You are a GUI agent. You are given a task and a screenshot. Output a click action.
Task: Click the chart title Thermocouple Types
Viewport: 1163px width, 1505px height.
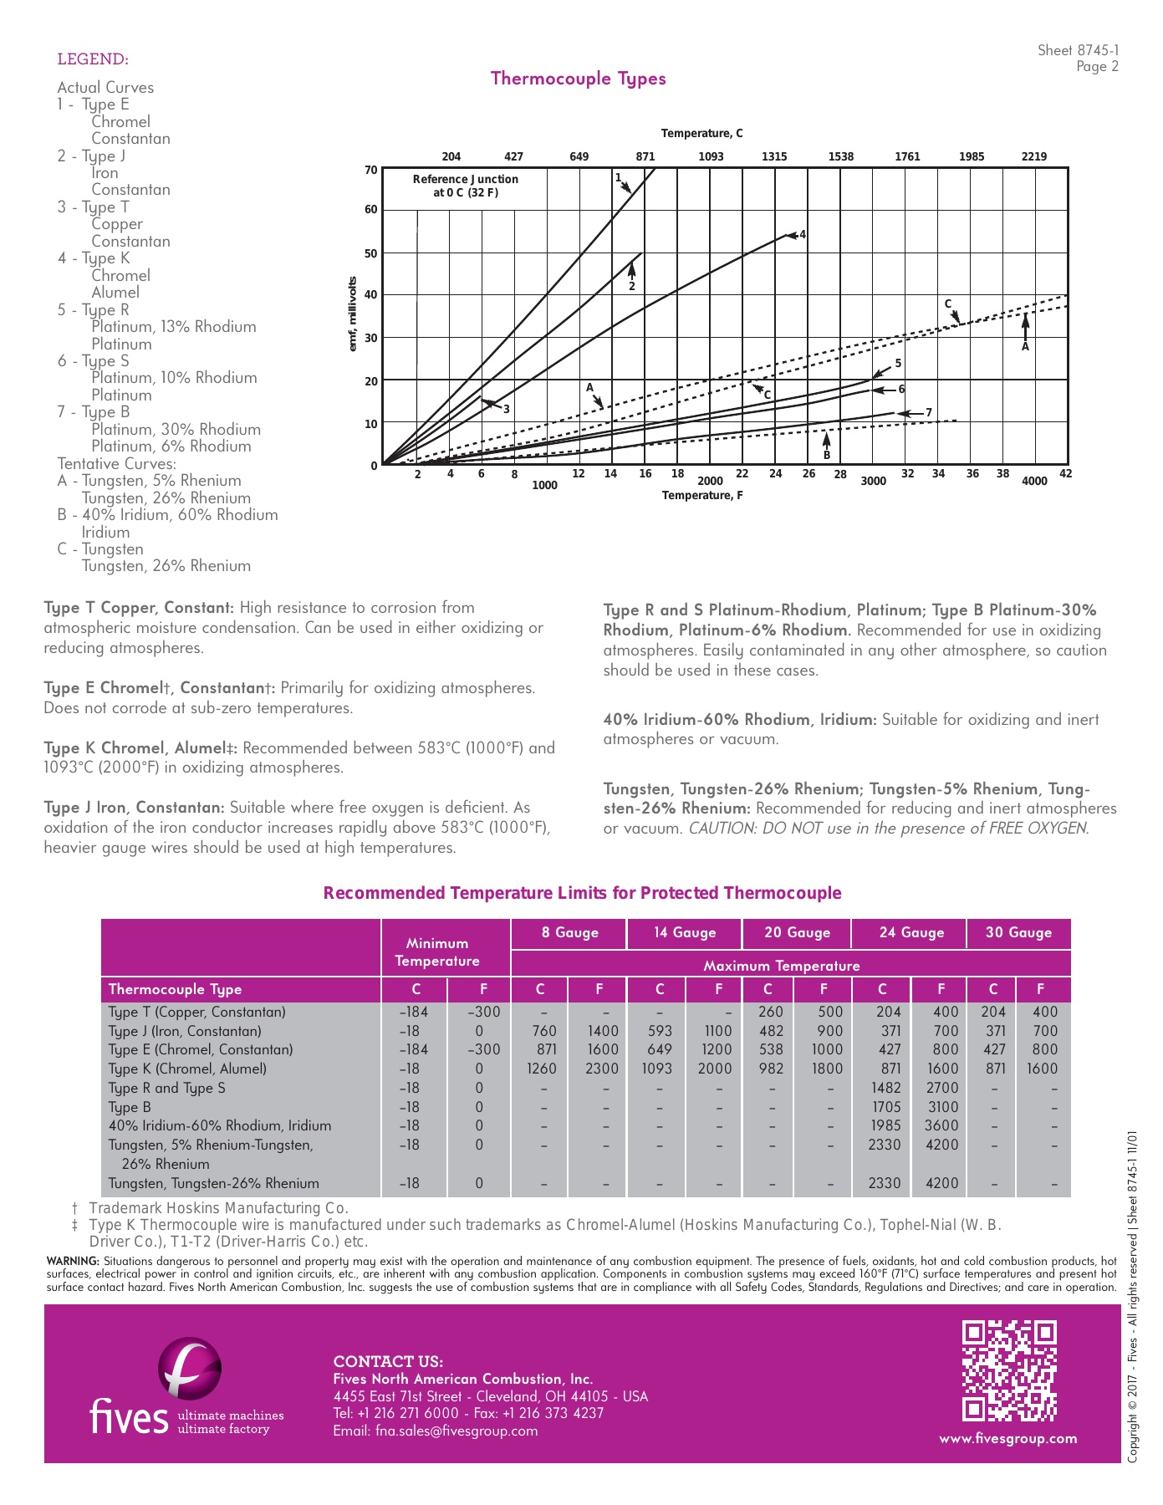click(x=578, y=79)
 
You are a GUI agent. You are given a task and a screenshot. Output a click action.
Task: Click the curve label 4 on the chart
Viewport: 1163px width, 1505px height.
click(x=803, y=234)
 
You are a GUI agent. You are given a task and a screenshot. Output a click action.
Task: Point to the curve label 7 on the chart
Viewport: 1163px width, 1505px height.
click(x=929, y=413)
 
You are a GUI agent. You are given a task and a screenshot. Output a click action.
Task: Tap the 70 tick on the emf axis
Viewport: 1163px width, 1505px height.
click(x=370, y=170)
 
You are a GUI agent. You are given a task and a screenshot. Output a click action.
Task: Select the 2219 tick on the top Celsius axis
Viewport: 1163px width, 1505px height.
click(x=1033, y=156)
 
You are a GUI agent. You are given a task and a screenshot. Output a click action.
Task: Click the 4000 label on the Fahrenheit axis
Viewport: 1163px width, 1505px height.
click(x=1034, y=481)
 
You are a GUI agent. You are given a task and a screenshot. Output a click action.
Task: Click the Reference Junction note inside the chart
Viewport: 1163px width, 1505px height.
click(x=465, y=186)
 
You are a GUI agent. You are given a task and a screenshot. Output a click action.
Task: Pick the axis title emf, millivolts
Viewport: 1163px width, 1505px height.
click(x=352, y=314)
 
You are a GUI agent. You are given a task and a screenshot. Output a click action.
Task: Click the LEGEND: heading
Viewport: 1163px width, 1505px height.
click(x=93, y=59)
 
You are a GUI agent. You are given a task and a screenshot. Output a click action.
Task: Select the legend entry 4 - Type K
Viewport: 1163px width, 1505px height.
click(x=94, y=258)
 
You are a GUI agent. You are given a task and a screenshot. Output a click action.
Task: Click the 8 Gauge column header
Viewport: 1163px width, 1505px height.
click(x=569, y=932)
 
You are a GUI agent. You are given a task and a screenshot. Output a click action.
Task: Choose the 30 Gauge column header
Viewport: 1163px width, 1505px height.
click(x=1018, y=932)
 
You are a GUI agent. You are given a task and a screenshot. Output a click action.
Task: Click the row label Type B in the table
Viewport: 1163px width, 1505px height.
click(x=130, y=1107)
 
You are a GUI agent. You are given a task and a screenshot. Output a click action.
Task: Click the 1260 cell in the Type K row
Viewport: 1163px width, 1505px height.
click(x=541, y=1069)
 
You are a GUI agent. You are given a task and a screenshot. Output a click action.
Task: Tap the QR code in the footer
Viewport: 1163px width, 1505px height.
click(x=1008, y=1370)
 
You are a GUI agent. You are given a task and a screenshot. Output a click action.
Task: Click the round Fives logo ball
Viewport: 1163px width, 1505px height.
click(x=190, y=1368)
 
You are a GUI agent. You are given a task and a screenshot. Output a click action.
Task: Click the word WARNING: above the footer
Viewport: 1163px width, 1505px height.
click(x=73, y=1261)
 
